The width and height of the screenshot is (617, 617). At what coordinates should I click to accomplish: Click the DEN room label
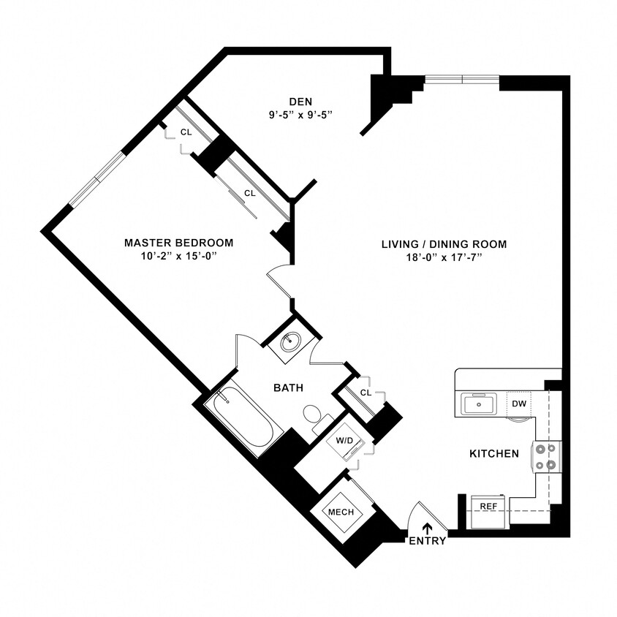click(x=300, y=101)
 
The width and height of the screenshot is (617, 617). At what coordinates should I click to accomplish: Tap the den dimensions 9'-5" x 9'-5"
click(x=300, y=114)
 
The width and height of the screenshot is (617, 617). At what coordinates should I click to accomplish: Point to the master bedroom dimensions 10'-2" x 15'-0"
click(x=178, y=257)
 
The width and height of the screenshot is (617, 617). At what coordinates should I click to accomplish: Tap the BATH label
click(x=289, y=387)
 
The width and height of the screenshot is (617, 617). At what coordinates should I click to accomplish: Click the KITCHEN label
click(x=493, y=454)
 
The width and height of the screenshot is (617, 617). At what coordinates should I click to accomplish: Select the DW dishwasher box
click(x=518, y=404)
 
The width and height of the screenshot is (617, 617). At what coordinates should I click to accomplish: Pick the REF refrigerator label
click(x=488, y=505)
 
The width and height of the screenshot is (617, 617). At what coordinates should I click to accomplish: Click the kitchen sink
click(x=480, y=404)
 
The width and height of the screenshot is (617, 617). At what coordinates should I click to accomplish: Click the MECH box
click(x=341, y=512)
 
